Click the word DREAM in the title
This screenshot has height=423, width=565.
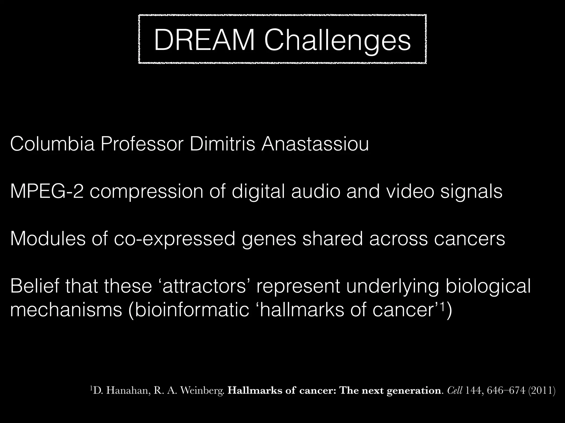(204, 40)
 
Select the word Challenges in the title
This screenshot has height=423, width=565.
(337, 40)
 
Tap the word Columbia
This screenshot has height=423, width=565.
(52, 144)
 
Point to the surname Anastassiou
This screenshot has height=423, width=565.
(315, 144)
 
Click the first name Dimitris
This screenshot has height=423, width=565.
(222, 144)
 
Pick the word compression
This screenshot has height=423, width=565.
(146, 192)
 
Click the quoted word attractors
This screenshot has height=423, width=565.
(204, 286)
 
